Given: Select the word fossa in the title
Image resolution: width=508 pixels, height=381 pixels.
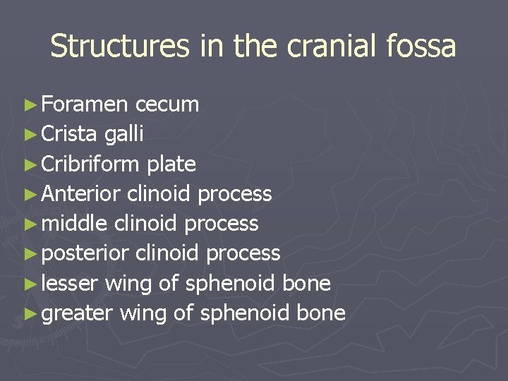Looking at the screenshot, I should (x=423, y=47).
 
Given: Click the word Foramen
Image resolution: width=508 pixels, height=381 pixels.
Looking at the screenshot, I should (x=85, y=104).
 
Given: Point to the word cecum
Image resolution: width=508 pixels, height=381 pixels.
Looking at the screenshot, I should (x=167, y=104).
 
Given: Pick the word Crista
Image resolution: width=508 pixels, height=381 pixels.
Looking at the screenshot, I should (x=70, y=134).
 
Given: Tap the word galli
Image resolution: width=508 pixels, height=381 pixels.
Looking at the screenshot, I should (x=124, y=134).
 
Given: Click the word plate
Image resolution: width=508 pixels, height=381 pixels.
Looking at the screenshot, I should (x=171, y=164).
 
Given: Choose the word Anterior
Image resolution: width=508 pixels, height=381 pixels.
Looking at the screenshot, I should (x=82, y=193).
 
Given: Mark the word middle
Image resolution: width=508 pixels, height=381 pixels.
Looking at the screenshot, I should (x=75, y=223).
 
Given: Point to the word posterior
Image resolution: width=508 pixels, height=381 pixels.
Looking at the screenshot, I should (x=85, y=253).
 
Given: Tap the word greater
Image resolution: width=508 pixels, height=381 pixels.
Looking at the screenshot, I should (x=78, y=313).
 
